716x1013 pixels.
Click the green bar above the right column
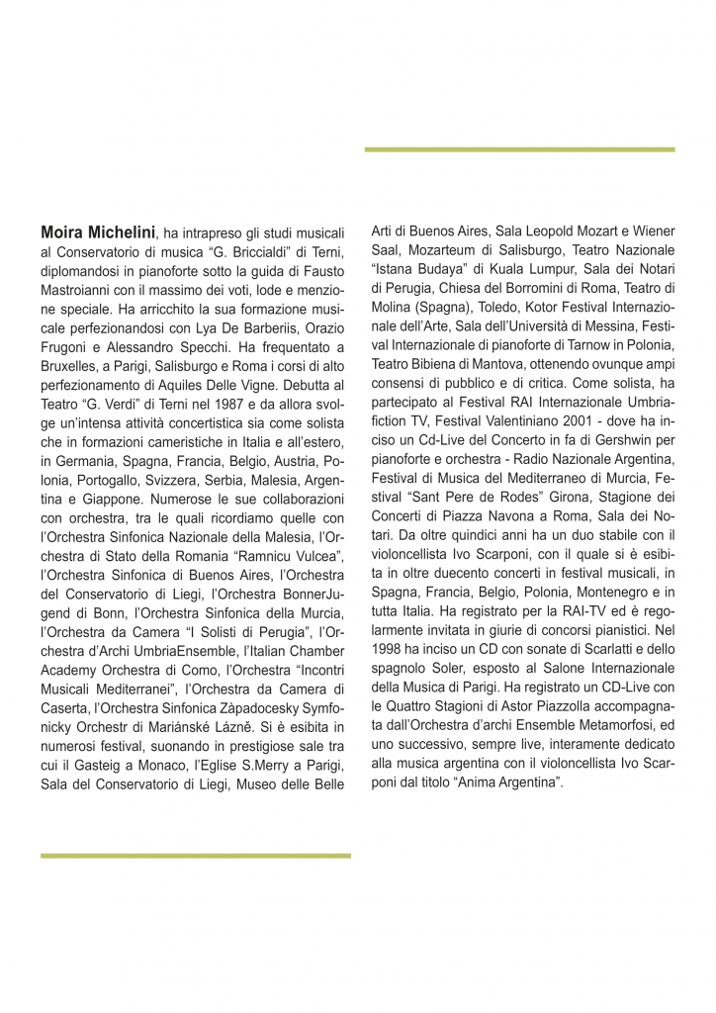(519, 149)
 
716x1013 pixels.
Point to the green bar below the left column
(196, 856)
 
